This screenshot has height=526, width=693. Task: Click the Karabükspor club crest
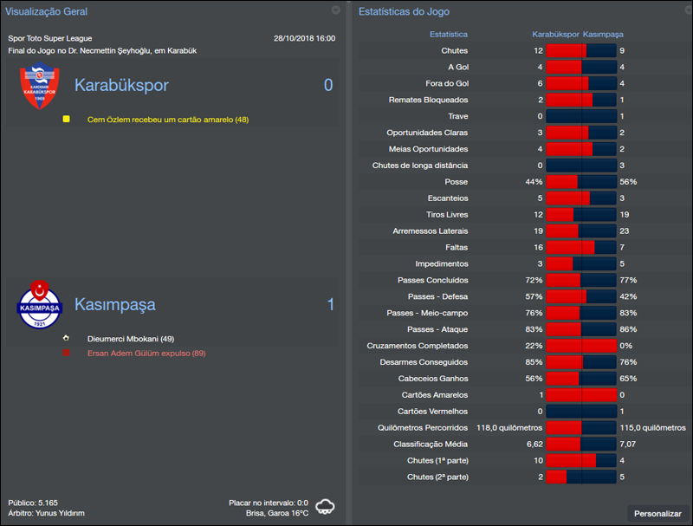40,88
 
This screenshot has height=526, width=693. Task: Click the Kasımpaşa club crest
40,304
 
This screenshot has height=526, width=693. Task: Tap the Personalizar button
657,513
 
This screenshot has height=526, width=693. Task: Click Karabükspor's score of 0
328,85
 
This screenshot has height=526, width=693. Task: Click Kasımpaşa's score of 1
330,305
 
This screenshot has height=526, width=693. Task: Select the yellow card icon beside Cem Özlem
66,120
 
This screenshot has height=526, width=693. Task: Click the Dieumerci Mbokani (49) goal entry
131,339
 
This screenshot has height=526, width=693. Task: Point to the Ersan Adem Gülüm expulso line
146,354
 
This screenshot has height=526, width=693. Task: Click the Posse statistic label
456,182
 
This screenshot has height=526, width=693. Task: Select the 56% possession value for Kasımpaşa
628,182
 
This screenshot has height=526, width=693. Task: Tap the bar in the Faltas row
580,247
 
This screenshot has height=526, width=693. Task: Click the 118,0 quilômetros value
509,427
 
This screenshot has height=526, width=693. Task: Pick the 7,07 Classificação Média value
628,444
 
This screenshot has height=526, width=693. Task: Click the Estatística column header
449,35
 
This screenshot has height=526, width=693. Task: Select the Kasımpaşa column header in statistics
603,35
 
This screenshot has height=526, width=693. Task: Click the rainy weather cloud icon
327,506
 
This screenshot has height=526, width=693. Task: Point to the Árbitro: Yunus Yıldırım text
46,513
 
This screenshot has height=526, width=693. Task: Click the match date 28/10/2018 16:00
303,38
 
